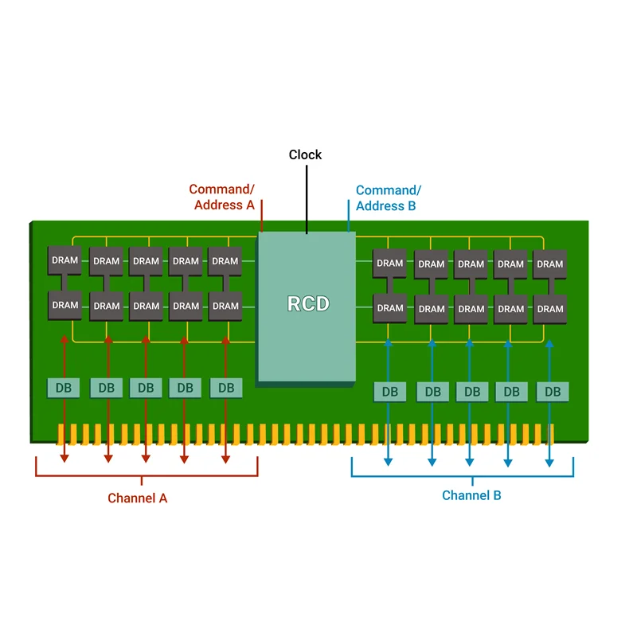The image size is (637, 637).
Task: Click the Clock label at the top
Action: (x=305, y=154)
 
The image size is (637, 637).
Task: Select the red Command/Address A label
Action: (x=221, y=197)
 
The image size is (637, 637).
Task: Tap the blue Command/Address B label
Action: (x=388, y=198)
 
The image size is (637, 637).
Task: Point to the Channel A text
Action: (x=138, y=498)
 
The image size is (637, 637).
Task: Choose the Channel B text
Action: (x=471, y=496)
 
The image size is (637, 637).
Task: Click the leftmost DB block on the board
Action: (x=64, y=388)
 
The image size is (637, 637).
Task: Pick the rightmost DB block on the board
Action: (x=553, y=392)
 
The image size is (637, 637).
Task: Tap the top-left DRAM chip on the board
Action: (x=65, y=260)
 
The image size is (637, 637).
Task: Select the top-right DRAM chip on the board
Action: (x=549, y=264)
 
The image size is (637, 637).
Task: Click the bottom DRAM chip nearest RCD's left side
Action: (x=225, y=306)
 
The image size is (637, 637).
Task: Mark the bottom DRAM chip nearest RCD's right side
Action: (x=389, y=308)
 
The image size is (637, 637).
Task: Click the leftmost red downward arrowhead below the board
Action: (x=64, y=458)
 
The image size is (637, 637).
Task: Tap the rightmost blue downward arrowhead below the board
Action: (x=549, y=461)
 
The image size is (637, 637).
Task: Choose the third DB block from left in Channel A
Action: (x=145, y=388)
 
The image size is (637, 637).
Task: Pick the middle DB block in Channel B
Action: (x=471, y=392)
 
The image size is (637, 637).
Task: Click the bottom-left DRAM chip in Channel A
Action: (x=65, y=305)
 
